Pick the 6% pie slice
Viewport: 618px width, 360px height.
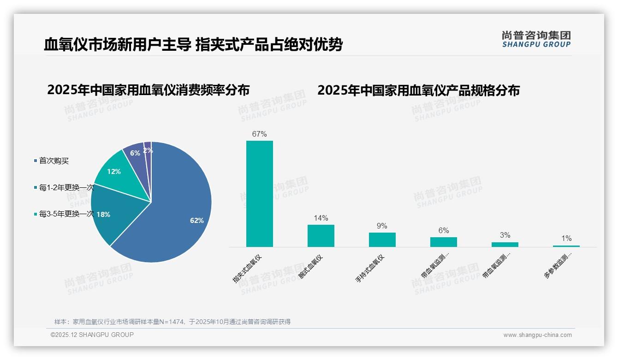tap(135, 152)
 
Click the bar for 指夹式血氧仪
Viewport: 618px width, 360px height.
tap(260, 194)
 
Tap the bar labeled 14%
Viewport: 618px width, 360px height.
tap(321, 236)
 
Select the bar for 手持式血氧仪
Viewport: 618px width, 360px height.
tap(382, 240)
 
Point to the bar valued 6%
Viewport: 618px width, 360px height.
tap(444, 242)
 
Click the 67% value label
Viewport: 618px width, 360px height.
tap(260, 134)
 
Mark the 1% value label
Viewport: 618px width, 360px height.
tap(566, 239)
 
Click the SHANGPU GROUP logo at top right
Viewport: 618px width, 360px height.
tap(536, 39)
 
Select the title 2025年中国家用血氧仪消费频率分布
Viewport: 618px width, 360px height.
tap(148, 90)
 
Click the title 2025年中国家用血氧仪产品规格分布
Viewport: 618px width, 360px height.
tap(418, 90)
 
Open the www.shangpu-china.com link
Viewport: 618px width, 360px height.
tap(537, 335)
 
